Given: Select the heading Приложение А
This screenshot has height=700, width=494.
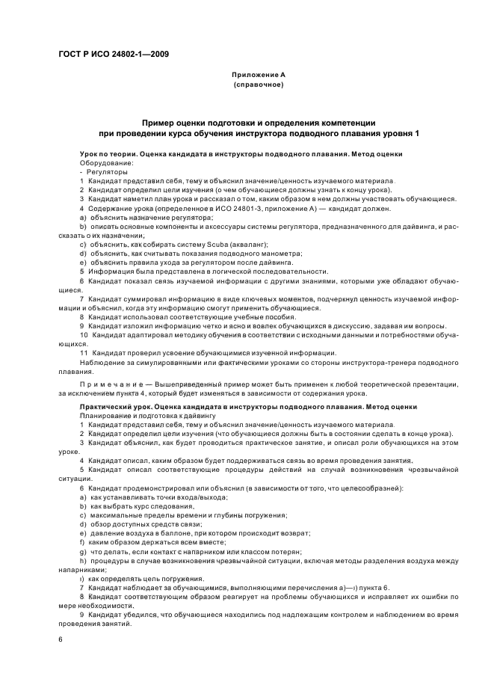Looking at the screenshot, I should click(x=258, y=75).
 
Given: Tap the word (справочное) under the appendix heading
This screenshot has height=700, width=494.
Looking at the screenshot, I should click(x=258, y=85).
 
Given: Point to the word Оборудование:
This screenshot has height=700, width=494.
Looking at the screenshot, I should click(x=106, y=162).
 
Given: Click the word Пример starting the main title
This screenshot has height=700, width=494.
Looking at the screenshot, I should click(x=161, y=121).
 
